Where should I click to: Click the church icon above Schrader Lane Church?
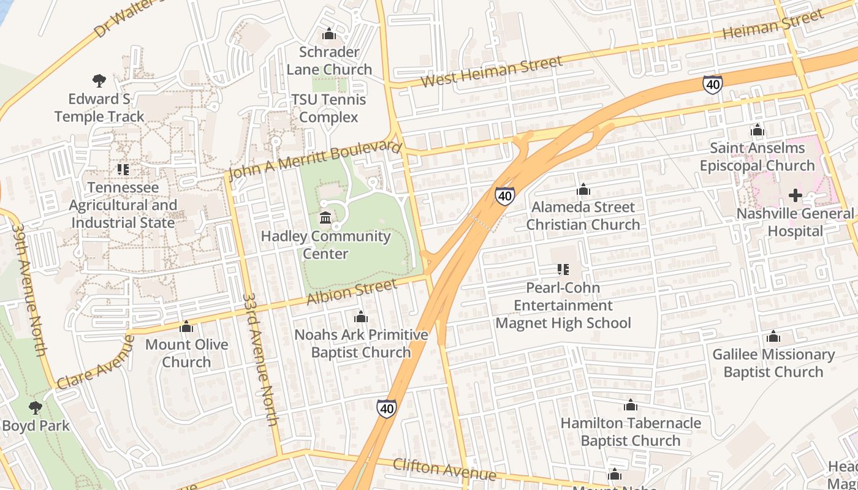(x=329, y=34)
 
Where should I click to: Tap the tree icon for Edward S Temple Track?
(x=99, y=80)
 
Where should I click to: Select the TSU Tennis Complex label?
(x=328, y=108)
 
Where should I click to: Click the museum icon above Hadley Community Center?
(x=325, y=217)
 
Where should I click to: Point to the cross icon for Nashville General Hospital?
(x=795, y=195)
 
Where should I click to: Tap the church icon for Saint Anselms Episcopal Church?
(x=757, y=130)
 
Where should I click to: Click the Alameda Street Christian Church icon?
(x=583, y=189)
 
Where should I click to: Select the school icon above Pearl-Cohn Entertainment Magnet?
(x=563, y=269)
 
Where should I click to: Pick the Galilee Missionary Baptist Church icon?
(x=773, y=336)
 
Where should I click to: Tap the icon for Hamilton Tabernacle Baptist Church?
(x=630, y=405)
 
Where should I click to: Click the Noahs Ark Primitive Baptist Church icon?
(x=361, y=317)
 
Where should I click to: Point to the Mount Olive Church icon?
(x=186, y=326)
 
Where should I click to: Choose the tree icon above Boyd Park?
(x=36, y=407)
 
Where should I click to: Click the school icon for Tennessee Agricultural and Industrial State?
(x=123, y=169)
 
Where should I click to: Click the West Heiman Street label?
(x=492, y=72)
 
